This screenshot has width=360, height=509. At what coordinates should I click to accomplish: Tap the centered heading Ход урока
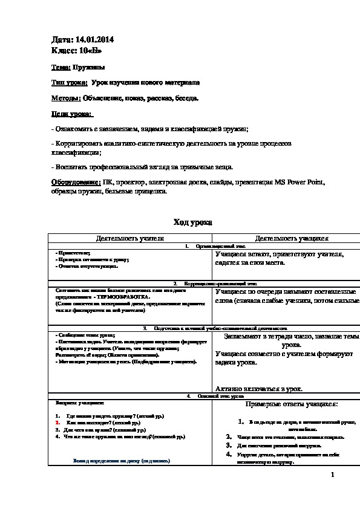[x=192, y=222]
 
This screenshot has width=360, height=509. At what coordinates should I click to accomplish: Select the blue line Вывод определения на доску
[x=122, y=460]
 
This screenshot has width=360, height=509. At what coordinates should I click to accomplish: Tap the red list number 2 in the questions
[x=56, y=423]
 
